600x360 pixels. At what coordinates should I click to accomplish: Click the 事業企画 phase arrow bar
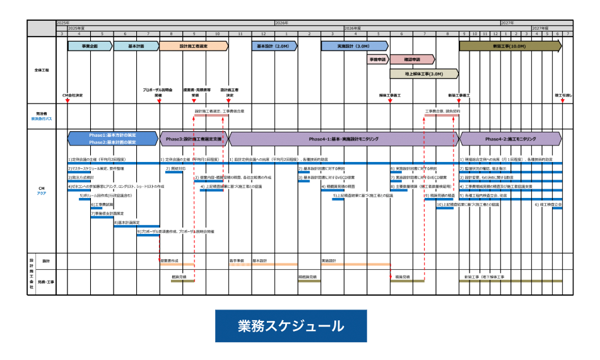coord(90,46)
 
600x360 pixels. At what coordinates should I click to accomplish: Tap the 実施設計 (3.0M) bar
coord(354,46)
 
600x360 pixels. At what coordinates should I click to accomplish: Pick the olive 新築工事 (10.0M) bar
coord(510,46)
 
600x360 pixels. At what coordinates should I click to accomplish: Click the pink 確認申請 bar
coord(412,59)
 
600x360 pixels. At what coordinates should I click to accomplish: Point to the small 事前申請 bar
coord(378,59)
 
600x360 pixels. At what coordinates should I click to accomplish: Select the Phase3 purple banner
coord(194,138)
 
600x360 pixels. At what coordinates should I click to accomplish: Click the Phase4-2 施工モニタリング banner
coord(510,138)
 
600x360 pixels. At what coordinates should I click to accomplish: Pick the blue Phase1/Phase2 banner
coord(113,138)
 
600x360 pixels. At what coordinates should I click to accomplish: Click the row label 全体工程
coord(42,70)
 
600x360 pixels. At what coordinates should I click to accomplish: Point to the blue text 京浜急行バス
coord(42,118)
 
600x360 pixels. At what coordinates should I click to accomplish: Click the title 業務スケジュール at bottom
coord(291,327)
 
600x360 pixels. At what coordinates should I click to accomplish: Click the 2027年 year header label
coord(507,23)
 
